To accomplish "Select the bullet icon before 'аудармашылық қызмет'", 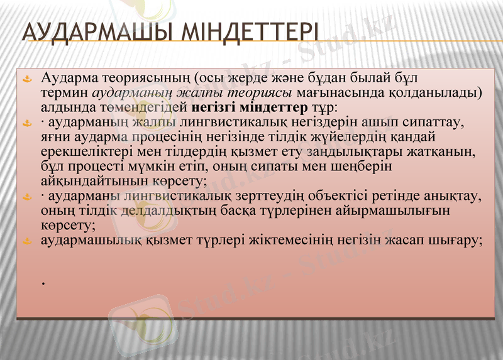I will pos(26,241).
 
